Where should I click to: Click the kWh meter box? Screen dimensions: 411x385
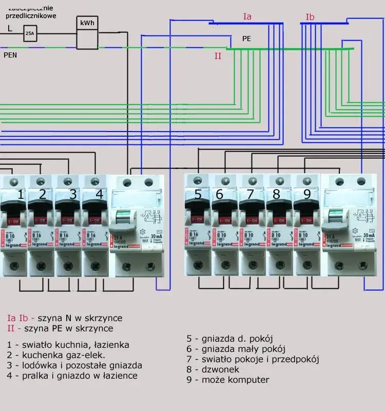coord(87,32)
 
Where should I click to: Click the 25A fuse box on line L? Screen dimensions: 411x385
coord(29,34)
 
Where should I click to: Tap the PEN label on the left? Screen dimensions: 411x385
coord(10,54)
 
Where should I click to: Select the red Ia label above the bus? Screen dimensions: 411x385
coord(247,17)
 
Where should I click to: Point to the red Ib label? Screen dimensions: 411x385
coord(310,17)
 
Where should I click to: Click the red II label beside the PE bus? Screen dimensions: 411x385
coord(218,56)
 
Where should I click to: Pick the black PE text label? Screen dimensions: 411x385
coord(247,39)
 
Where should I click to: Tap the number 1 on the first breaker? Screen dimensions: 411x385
coord(21,195)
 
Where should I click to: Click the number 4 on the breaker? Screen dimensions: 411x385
coord(99,195)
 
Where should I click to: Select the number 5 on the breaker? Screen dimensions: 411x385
coord(198,195)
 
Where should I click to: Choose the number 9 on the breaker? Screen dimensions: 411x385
coord(307,195)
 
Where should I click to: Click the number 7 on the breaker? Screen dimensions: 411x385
coord(250,195)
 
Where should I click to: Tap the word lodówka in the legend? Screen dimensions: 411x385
coord(37,365)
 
